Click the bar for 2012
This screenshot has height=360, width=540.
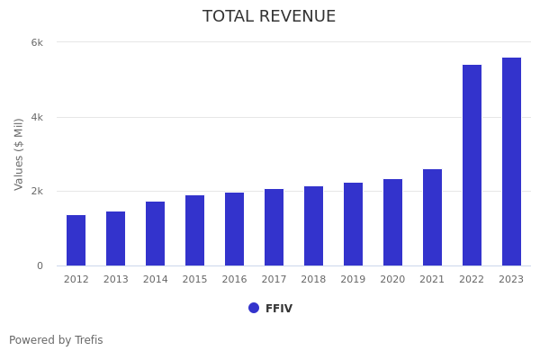(76, 240)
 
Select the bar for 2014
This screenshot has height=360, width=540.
(155, 234)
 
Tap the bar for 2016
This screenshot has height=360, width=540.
(234, 229)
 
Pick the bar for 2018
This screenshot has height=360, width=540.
(313, 226)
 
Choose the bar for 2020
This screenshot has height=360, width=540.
(392, 222)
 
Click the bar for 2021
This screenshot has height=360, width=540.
(432, 218)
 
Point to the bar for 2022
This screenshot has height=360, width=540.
(472, 166)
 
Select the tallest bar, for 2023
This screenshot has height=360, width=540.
(511, 162)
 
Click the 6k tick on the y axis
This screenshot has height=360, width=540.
(37, 42)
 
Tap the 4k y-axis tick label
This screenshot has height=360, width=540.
(37, 117)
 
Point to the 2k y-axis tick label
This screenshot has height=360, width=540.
(37, 192)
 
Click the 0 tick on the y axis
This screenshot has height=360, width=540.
(40, 265)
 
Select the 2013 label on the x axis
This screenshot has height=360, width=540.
(115, 280)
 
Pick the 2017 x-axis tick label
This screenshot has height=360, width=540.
(274, 280)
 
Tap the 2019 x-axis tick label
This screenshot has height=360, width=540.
(353, 280)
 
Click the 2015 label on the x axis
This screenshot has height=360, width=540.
(194, 280)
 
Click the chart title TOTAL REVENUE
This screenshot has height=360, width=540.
(269, 17)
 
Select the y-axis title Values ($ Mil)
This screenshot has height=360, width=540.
(19, 154)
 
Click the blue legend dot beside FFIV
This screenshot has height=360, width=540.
(254, 308)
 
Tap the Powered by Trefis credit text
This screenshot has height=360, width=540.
(56, 340)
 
